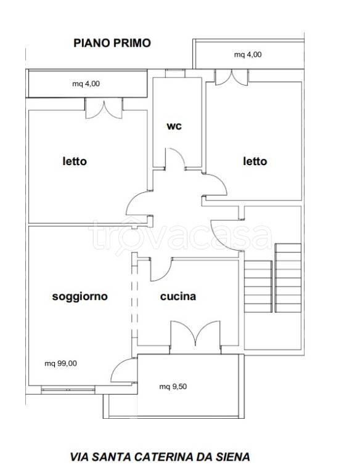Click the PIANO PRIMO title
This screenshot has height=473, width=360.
pyautogui.click(x=112, y=43)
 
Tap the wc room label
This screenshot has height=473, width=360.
pyautogui.click(x=174, y=126)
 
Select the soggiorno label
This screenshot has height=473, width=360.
pyautogui.click(x=80, y=296)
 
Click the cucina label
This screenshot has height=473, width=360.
pyautogui.click(x=178, y=296)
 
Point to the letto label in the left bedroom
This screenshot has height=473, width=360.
pyautogui.click(x=75, y=161)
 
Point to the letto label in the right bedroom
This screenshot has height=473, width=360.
pyautogui.click(x=255, y=161)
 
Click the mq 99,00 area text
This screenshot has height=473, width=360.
pyautogui.click(x=60, y=363)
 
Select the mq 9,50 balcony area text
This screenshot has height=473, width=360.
pyautogui.click(x=173, y=386)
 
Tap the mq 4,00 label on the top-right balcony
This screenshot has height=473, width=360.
pyautogui.click(x=248, y=55)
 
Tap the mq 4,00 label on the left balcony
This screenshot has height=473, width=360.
pyautogui.click(x=86, y=84)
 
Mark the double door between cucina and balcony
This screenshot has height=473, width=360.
pyautogui.click(x=195, y=333)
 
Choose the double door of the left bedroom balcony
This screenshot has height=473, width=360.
pyautogui.click(x=104, y=108)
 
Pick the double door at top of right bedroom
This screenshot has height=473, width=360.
pyautogui.click(x=231, y=77)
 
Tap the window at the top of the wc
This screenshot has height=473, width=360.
pyautogui.click(x=175, y=73)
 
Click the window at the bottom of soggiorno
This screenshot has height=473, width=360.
pyautogui.click(x=68, y=389)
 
